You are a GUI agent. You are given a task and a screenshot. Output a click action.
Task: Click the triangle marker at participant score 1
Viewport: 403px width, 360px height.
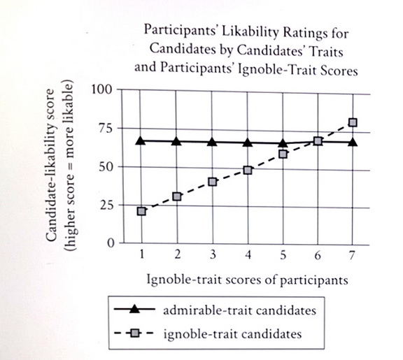141,141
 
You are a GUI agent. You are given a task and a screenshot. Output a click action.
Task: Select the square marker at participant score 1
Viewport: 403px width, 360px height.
142,210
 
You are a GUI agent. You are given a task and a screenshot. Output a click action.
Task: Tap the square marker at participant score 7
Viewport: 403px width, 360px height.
353,122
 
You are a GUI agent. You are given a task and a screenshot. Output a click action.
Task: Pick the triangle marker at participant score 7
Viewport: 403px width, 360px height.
353,142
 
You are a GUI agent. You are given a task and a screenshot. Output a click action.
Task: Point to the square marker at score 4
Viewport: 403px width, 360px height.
248,170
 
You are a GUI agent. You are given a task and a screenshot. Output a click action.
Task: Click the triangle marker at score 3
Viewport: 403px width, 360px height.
212,142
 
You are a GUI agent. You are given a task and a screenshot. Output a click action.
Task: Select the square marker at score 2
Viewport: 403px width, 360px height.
177,196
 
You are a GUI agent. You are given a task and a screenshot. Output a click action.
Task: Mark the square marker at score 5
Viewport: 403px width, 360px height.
283,154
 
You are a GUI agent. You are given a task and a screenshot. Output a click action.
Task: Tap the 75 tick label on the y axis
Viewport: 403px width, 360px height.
104,128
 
